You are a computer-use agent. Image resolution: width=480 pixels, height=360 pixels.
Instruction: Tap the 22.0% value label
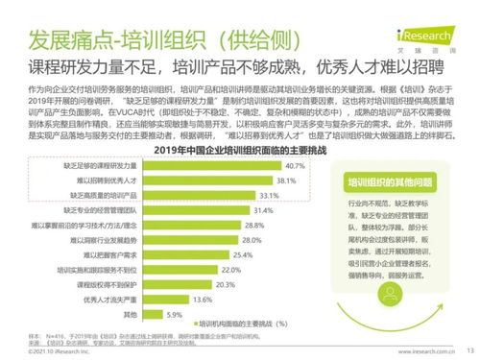coord(230,270)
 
